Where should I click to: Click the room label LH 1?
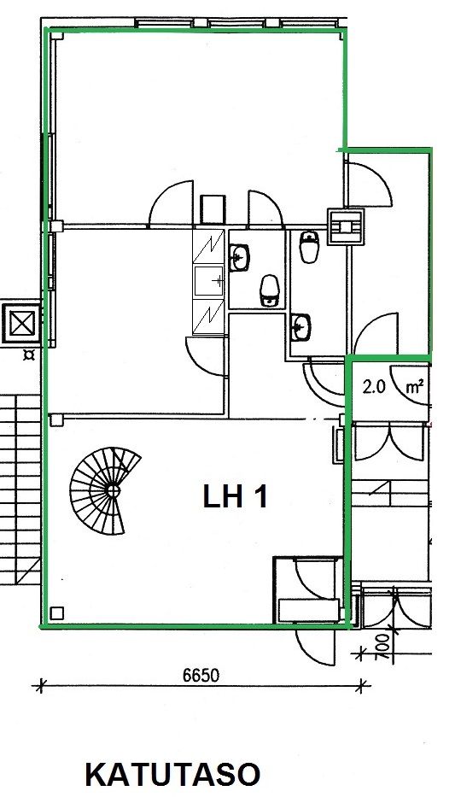235,496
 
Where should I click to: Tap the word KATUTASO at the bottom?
172,775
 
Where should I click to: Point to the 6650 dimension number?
201,675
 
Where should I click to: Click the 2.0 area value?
374,387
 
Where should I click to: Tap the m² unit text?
415,387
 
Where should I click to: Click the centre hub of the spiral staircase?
112,491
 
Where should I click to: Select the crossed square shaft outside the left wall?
21,323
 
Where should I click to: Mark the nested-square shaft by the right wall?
346,226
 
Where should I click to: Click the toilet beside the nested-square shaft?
309,247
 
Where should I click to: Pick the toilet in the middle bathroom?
270,290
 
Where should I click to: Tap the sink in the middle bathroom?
240,258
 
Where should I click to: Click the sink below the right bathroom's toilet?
301,326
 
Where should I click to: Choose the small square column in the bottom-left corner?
57,613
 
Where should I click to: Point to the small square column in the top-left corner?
57,36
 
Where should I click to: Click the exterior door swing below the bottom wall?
315,646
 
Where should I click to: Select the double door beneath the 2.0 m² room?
389,441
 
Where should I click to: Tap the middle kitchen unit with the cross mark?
208,280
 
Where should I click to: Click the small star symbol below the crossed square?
29,355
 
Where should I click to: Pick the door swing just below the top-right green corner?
368,184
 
